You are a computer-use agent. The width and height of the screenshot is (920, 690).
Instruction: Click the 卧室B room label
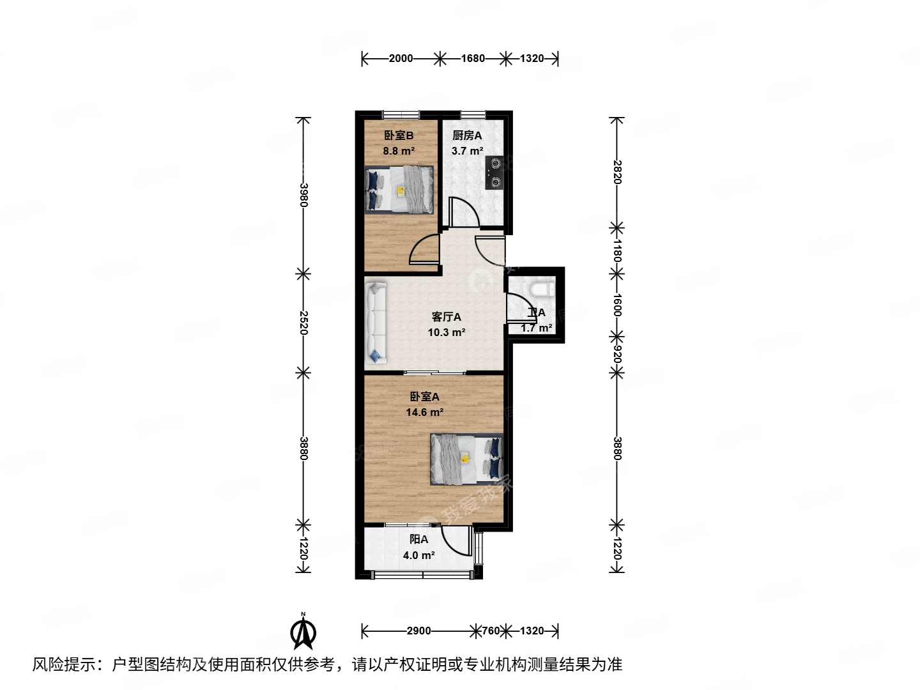click(399, 135)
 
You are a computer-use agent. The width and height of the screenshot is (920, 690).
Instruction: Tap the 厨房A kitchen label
click(467, 135)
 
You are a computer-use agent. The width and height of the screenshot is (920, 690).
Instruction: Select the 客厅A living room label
click(446, 317)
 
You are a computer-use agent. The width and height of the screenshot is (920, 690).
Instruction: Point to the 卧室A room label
click(424, 397)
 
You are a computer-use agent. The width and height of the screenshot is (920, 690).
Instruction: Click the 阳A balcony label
click(419, 540)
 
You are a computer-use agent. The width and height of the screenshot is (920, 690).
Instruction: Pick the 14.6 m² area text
click(424, 413)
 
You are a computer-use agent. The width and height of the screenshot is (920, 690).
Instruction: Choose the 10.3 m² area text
click(446, 333)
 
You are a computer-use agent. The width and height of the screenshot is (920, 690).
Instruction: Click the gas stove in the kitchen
click(494, 172)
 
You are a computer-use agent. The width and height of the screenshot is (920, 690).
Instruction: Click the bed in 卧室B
click(399, 190)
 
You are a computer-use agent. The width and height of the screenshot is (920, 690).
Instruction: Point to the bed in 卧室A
click(466, 459)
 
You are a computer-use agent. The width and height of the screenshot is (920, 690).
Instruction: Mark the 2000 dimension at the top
click(401, 59)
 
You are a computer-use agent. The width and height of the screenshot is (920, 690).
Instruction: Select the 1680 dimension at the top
click(473, 59)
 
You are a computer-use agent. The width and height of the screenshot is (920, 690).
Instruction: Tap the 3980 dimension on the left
click(303, 195)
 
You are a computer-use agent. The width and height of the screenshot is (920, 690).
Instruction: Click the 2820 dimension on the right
click(617, 172)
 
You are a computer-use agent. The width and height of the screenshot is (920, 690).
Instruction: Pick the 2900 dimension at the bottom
click(418, 631)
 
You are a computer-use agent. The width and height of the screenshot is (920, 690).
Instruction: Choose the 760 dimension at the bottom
click(490, 631)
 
